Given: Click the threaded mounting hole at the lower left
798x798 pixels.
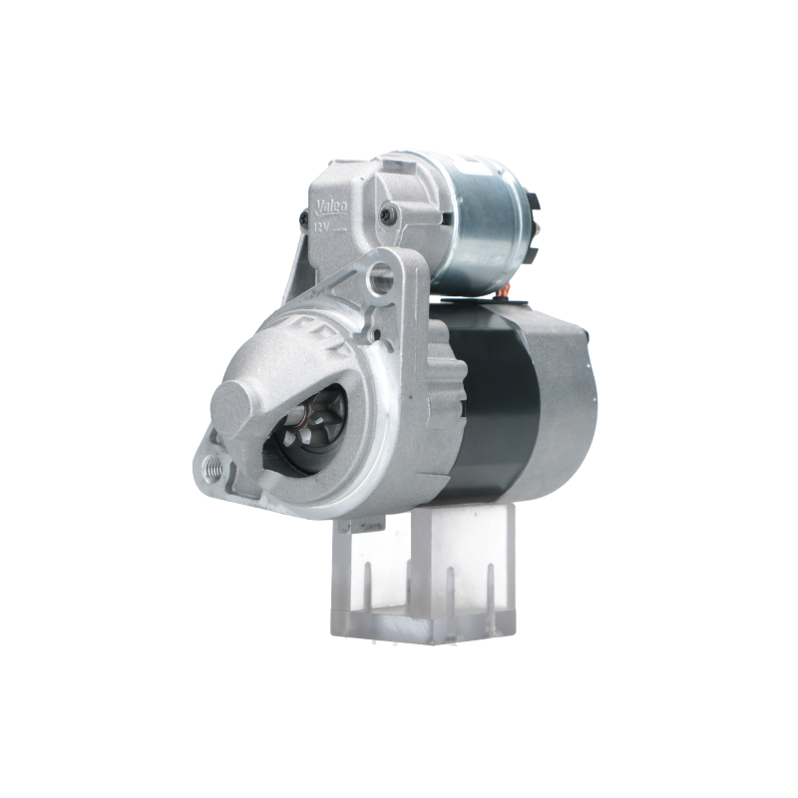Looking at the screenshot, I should [211, 464].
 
